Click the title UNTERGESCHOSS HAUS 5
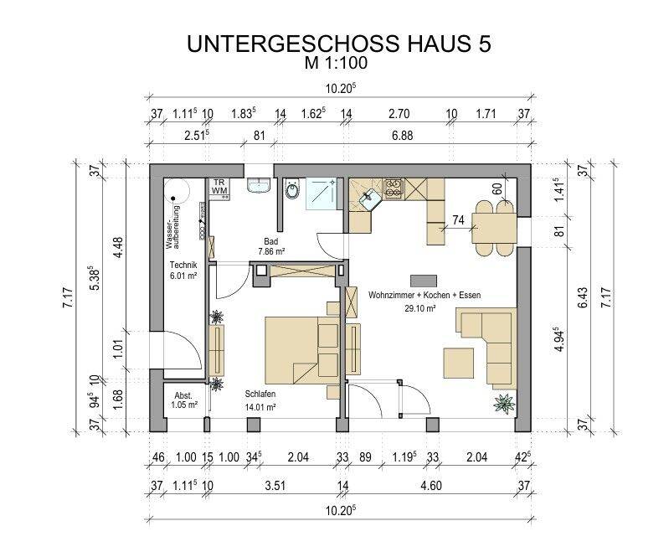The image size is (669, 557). pos(339,44)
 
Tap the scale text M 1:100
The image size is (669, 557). pos(336,63)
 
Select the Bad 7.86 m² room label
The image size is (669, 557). pos(271,246)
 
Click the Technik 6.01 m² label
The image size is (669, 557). pos(183,271)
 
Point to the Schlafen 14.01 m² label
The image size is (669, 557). pos(260,400)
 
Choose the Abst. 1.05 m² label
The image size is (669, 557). pos(184,400)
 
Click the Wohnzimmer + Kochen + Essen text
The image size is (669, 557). pos(425,295)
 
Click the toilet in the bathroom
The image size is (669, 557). pos(292,189)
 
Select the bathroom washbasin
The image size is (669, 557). pos(259,186)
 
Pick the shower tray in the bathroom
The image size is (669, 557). pos(322,193)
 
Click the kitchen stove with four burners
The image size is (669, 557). pos(394,188)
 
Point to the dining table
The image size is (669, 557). pos(495,229)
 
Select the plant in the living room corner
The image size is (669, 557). pos(504,403)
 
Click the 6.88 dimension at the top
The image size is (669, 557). pos(403,136)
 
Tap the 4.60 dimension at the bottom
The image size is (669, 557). pos(431,486)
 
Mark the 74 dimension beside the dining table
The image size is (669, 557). pos(458,219)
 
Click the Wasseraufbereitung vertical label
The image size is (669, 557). pos(173,228)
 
